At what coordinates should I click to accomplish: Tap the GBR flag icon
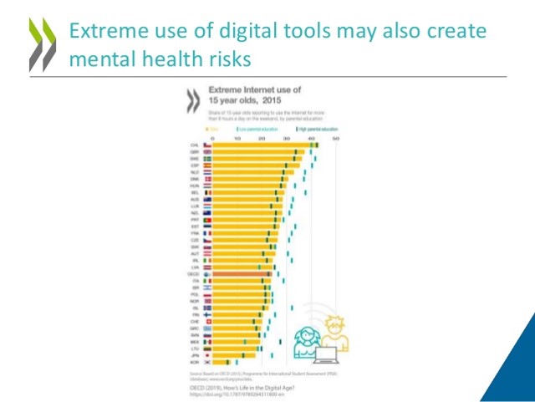tap(207, 151)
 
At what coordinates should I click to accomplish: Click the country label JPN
tap(194, 355)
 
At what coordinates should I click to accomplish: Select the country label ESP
tap(194, 165)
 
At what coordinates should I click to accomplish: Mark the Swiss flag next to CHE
tap(207, 321)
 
